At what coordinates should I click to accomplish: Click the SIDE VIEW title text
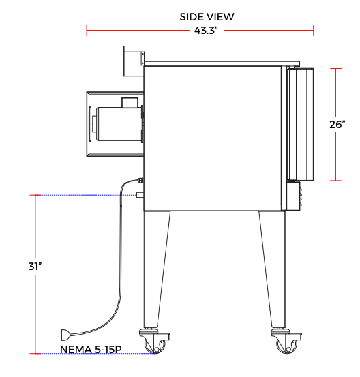coord(207,17)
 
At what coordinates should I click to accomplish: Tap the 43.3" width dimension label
coord(207,31)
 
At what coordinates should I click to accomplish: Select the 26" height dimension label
coord(337,125)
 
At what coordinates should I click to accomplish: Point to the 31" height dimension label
coord(35,266)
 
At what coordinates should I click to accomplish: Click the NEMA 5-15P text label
coord(91,349)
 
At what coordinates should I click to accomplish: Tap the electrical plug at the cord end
coord(63,335)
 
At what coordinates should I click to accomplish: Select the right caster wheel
coord(286,344)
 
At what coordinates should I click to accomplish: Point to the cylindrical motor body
coord(119,124)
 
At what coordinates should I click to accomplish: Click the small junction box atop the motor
coord(130,103)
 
